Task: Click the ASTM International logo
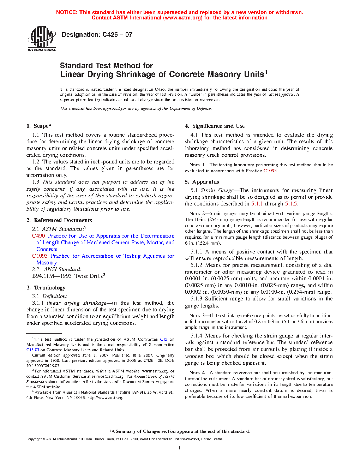click(x=42, y=39)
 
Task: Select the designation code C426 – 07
click(x=117, y=35)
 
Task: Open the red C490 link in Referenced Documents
click(x=38, y=236)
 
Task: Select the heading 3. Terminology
click(x=46, y=288)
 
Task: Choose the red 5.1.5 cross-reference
click(x=291, y=204)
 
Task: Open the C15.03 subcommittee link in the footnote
click(x=32, y=350)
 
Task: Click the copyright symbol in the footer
click(x=44, y=439)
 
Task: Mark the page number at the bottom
click(x=180, y=448)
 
